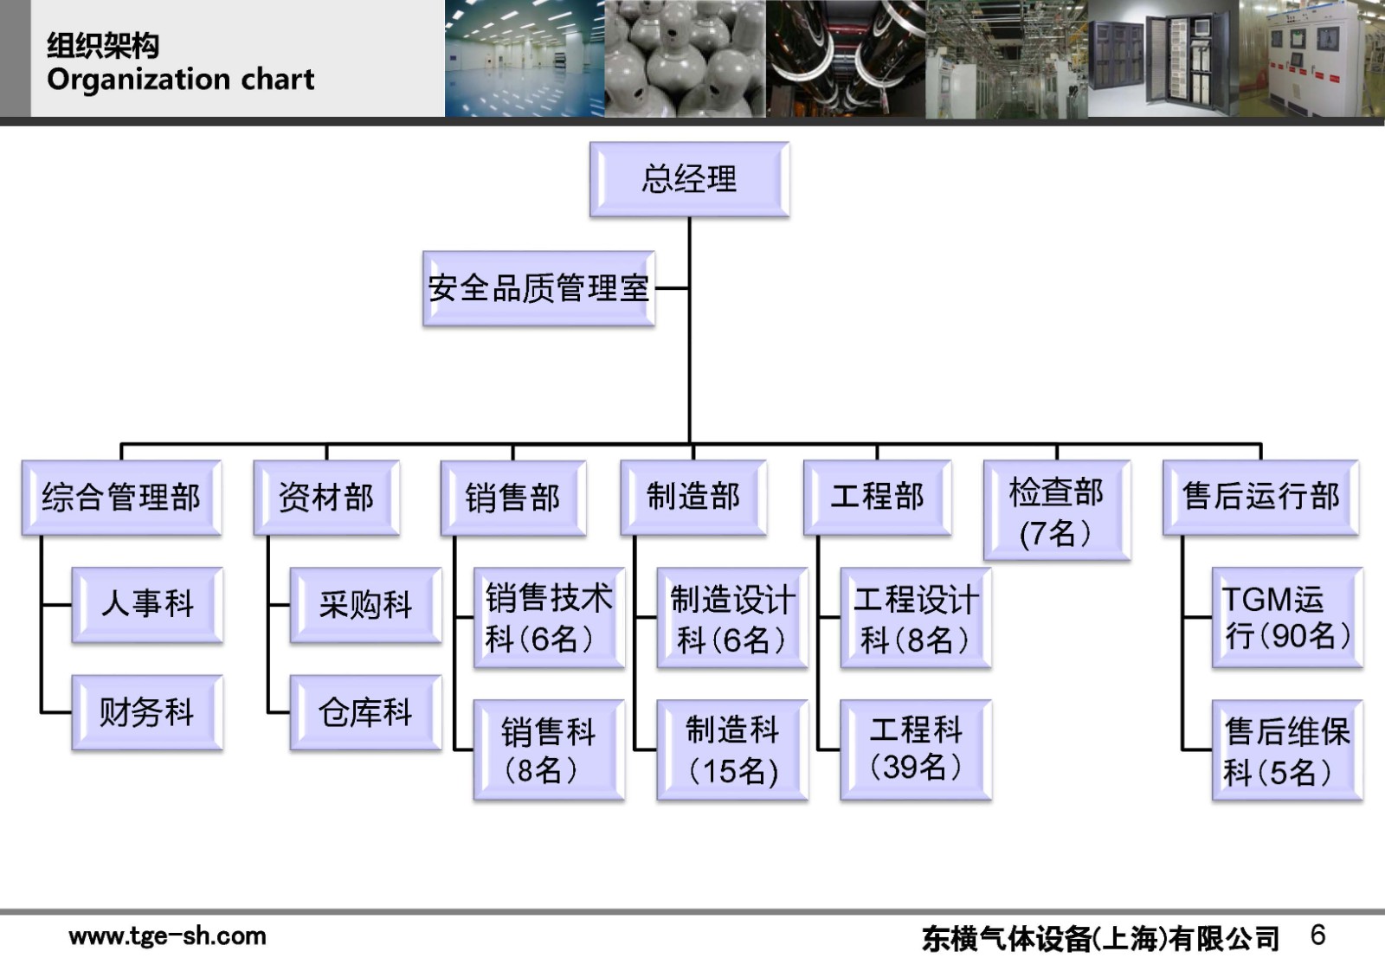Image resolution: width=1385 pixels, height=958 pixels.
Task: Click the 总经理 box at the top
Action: pos(689,179)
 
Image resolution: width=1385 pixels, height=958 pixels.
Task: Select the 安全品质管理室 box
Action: pos(538,288)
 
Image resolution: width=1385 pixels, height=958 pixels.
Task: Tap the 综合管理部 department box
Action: pos(121,498)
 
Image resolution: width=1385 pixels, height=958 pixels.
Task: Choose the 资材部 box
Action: pos(326,498)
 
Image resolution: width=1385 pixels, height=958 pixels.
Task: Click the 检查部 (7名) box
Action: pos(1056,511)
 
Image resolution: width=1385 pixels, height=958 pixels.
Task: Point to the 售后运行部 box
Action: pos(1260,497)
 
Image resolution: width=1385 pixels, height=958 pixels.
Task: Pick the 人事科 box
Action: pos(147,604)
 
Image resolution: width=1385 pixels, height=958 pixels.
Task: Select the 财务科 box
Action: pos(147,712)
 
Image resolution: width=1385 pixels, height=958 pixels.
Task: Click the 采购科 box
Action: pos(365,604)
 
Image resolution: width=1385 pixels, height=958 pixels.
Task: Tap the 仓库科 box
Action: pos(365,712)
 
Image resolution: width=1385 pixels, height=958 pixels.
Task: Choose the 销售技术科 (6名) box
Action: pos(549,618)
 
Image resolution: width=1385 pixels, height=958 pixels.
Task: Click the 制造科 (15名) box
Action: pos(732,749)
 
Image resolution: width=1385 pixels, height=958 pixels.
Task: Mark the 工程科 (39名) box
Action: pos(916,749)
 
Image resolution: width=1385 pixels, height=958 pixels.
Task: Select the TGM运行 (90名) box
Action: pos(1287,617)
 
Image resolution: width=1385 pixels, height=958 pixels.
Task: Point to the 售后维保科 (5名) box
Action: pos(1287,750)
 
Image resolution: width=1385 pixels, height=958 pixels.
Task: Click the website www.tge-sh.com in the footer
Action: pos(167,935)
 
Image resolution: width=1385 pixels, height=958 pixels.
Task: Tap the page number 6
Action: pos(1317,935)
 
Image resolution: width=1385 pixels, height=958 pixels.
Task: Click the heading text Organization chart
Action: pos(181,80)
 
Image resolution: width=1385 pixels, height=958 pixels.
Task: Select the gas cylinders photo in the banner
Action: pos(685,59)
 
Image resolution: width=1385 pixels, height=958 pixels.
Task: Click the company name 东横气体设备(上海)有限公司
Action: pos(1100,938)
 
